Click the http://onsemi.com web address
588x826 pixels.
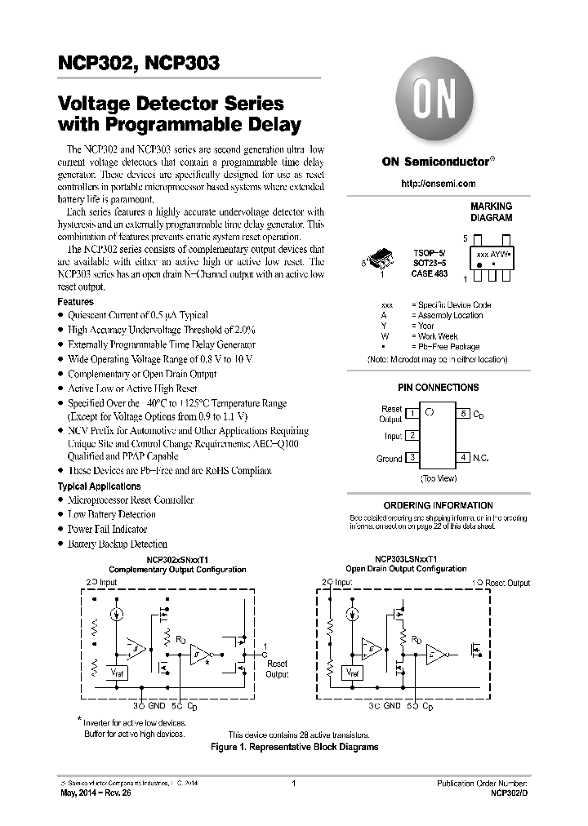439,184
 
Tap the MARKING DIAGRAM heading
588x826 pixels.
491,212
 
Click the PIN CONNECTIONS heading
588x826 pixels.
438,388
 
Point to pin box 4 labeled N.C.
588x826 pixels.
463,458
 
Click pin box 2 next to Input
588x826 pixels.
413,436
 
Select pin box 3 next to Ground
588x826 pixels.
413,458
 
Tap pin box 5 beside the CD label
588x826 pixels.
463,414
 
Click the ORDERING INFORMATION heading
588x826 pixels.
438,505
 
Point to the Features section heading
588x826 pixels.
75,301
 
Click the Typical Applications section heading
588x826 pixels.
99,486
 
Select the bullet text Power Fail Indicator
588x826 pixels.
107,529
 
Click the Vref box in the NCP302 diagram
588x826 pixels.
118,672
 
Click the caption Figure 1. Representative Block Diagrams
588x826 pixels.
294,747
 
